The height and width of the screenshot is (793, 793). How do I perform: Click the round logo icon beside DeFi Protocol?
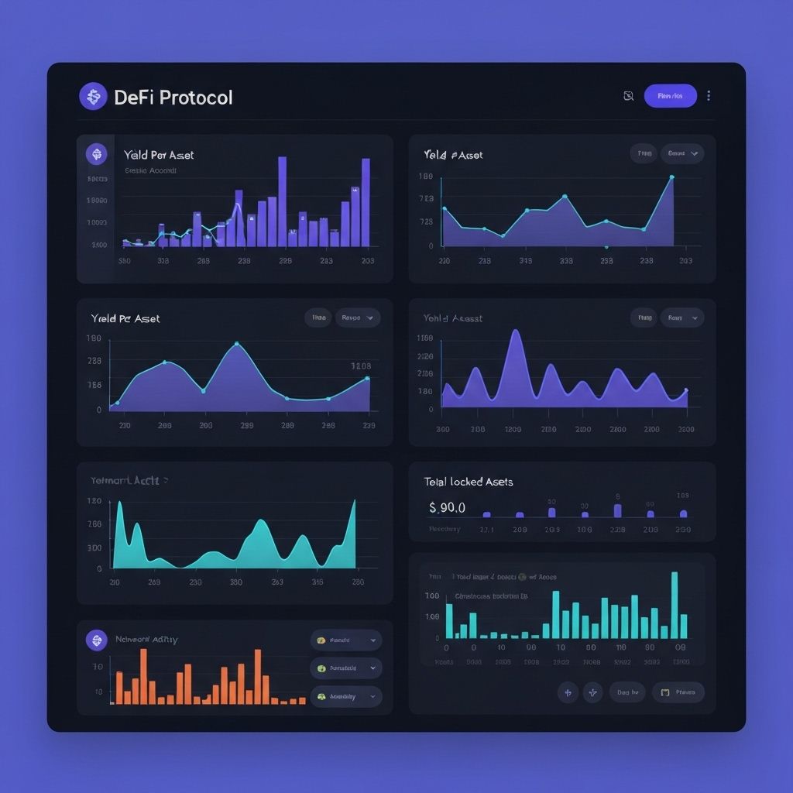(x=93, y=97)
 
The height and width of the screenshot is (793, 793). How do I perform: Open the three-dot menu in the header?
(x=709, y=96)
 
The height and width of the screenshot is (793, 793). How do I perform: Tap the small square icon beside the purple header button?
(x=629, y=96)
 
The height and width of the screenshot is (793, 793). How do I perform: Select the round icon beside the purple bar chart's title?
(x=97, y=154)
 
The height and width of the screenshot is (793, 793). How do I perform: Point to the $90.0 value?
(x=447, y=507)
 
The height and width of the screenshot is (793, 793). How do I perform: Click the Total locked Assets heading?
(x=468, y=482)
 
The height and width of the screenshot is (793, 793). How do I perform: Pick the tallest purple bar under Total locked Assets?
(x=617, y=510)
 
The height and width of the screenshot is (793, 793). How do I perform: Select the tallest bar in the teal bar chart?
(x=674, y=604)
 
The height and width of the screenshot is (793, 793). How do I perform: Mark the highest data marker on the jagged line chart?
(x=671, y=177)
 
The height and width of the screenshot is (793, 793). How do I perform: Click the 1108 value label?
(x=360, y=366)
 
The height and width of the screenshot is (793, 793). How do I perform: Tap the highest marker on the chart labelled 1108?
(x=236, y=343)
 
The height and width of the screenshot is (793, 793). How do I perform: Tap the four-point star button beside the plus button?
(x=592, y=692)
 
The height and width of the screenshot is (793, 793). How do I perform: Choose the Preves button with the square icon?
(x=678, y=692)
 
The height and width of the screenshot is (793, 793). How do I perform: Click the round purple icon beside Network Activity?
(x=96, y=640)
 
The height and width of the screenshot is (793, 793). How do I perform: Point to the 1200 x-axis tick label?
(x=513, y=429)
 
